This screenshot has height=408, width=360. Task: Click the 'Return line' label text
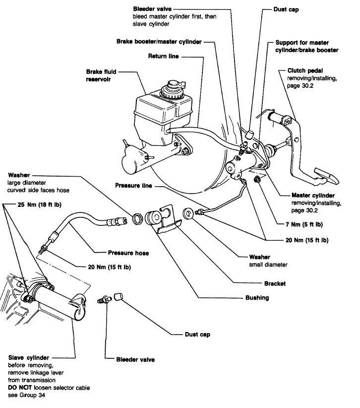[163, 57]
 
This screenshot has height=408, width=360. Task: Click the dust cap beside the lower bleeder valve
[119, 297]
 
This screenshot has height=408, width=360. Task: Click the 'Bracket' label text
[275, 284]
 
